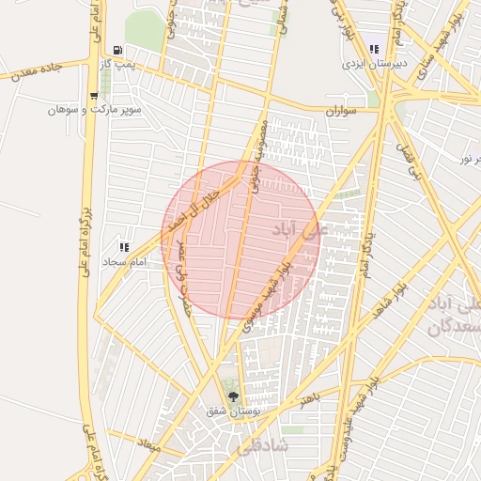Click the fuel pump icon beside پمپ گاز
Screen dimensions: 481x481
pos(116,50)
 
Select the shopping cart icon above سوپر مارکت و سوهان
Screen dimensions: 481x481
pos(93,96)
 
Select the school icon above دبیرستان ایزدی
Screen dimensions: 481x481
pos(375,50)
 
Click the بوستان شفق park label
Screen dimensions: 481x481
pos(234,411)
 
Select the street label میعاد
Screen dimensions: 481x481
pos(149,442)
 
